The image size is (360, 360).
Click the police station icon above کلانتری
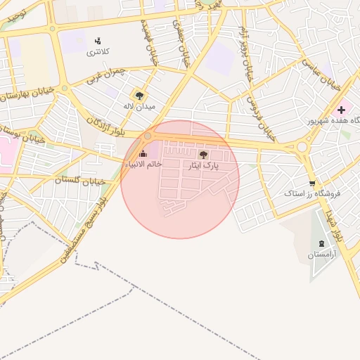click(97, 41)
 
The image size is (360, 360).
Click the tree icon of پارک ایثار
click(204, 154)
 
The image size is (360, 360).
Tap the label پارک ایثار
click(203, 166)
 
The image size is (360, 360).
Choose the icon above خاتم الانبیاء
click(143, 153)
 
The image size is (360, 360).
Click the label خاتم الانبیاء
click(143, 164)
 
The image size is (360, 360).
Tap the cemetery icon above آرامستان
click(321, 243)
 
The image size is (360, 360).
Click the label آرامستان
click(321, 255)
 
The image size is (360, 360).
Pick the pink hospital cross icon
click(342, 110)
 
